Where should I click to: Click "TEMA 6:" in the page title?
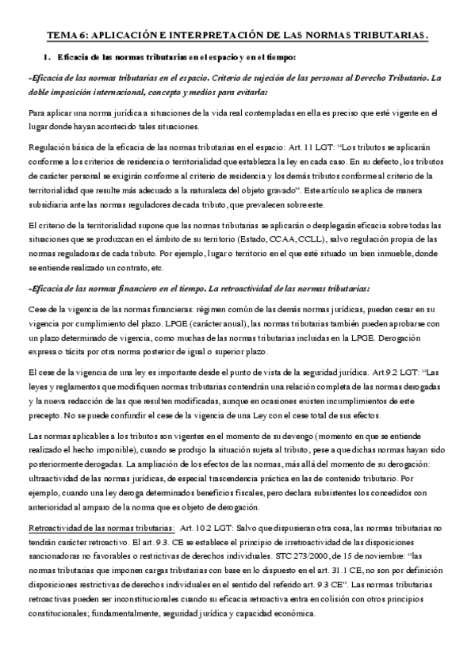(x=67, y=36)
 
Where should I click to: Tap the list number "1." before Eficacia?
(x=47, y=58)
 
